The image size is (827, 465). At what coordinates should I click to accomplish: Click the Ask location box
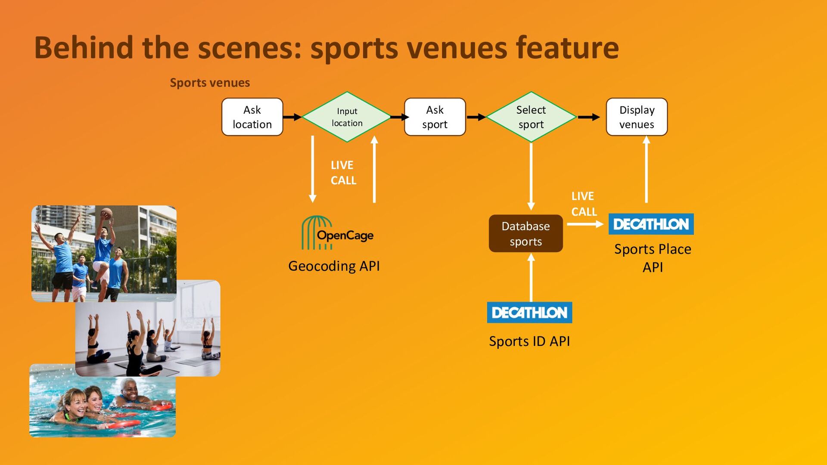point(252,117)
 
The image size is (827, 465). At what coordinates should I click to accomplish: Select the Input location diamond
point(347,117)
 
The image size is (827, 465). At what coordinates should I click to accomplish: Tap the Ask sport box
point(435,117)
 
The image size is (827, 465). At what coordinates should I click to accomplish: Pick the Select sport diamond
point(531,117)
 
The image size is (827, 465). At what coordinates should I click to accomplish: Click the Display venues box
point(637,117)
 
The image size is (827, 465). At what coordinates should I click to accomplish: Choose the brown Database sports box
point(525,233)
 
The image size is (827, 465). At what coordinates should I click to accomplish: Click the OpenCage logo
point(337,233)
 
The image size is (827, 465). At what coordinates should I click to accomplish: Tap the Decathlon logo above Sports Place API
point(651,224)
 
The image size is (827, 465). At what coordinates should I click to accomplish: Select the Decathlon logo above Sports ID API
point(529,313)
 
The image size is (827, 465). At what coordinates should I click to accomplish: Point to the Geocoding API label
point(334,266)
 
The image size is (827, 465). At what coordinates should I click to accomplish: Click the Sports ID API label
point(529,341)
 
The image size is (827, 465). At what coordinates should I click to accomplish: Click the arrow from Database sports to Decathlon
point(585,224)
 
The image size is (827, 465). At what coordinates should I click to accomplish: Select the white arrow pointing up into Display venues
point(646,169)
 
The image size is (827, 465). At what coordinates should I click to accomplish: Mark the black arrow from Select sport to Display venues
point(589,117)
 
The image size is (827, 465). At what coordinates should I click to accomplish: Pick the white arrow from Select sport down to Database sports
point(531,177)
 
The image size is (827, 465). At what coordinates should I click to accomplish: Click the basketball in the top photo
point(106,213)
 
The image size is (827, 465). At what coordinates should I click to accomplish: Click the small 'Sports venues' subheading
point(210,83)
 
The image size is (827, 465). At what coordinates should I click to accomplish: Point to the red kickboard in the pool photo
point(124,424)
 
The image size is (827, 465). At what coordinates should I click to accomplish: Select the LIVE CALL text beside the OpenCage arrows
point(343,173)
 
